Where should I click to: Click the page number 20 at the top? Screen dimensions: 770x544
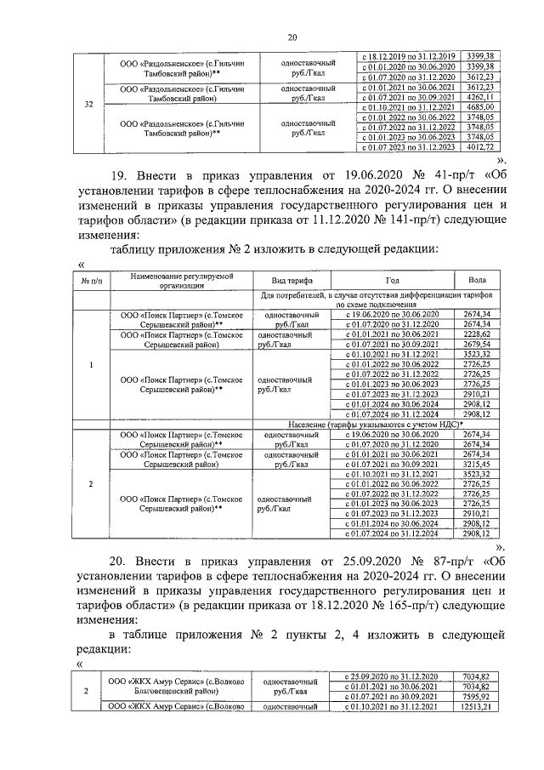click(x=292, y=37)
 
